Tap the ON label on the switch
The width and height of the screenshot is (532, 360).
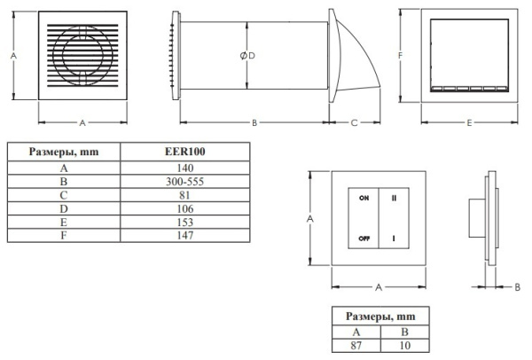(364, 200)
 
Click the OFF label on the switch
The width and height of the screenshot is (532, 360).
(364, 239)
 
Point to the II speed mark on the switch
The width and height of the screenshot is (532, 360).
(393, 200)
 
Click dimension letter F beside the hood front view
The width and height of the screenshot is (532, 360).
(402, 55)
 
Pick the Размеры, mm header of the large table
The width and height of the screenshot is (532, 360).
(63, 152)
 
